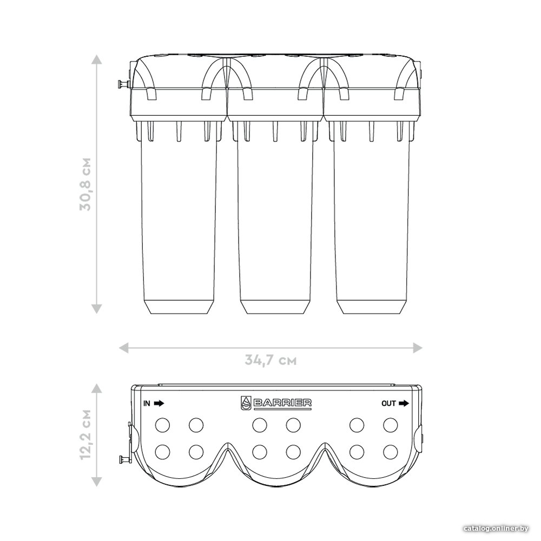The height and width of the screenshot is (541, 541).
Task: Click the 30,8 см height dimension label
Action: (85, 184)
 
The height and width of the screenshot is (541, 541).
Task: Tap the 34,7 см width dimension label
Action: (271, 360)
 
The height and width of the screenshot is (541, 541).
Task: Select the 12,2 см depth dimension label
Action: (85, 434)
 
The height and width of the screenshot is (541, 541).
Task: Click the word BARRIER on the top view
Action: (282, 403)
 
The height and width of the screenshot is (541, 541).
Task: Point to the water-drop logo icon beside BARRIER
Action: (246, 403)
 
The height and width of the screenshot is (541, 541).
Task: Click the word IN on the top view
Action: (147, 404)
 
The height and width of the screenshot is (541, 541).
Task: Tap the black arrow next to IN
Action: (159, 404)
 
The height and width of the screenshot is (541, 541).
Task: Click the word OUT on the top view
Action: (388, 404)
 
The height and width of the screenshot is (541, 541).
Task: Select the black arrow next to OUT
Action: (404, 404)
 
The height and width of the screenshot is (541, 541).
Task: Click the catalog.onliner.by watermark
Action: (496, 528)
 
